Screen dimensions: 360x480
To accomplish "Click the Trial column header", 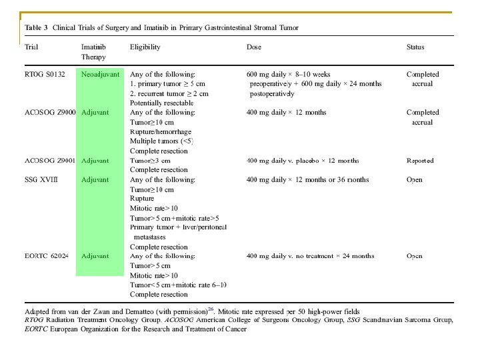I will (31, 47).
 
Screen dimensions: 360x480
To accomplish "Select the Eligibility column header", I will (145, 47).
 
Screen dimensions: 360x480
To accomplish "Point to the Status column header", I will (415, 47).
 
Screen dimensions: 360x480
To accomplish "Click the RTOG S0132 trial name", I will (45, 74).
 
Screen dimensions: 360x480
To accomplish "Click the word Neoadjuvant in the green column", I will (101, 74).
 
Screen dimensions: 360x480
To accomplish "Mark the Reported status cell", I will (420, 161).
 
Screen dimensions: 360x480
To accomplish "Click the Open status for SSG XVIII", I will (415, 180).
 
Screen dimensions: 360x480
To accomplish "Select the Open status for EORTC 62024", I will (415, 256).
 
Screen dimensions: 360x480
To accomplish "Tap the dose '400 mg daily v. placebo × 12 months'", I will (312, 161).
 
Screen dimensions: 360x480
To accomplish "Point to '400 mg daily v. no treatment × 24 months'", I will (319, 256).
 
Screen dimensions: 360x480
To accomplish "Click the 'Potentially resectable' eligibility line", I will (162, 103).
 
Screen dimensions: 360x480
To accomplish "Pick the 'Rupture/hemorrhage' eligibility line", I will (159, 132).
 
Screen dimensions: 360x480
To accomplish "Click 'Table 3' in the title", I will (36, 27).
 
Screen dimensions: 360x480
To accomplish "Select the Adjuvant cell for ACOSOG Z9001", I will (95, 161).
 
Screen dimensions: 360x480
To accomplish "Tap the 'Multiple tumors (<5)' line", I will (163, 141).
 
